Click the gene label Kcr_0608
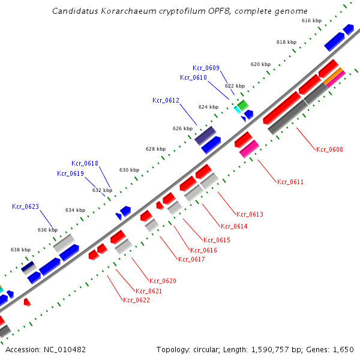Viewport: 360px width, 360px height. tap(329, 149)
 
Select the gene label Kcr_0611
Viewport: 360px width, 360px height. tap(290, 182)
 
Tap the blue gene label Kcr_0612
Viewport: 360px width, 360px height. tap(166, 100)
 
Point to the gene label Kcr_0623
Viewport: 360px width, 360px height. tap(25, 206)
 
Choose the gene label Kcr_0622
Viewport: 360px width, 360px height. tap(136, 300)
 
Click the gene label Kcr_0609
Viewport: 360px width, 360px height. tap(206, 68)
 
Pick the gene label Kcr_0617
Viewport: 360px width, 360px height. tap(191, 259)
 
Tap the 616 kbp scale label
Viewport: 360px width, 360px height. tap(311, 20)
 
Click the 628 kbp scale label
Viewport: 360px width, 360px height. tap(155, 149)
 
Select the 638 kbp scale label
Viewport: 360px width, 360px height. tap(20, 250)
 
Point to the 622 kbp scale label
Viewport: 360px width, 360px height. tap(235, 86)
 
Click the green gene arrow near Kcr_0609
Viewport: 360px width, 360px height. tap(242, 106)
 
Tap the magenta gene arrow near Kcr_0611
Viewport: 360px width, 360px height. tap(249, 149)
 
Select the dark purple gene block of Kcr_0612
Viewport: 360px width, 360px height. tap(205, 136)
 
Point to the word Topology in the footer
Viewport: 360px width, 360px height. tap(172, 349)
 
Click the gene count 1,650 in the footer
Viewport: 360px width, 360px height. tap(344, 349)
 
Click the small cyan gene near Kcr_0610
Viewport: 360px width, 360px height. tap(238, 110)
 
